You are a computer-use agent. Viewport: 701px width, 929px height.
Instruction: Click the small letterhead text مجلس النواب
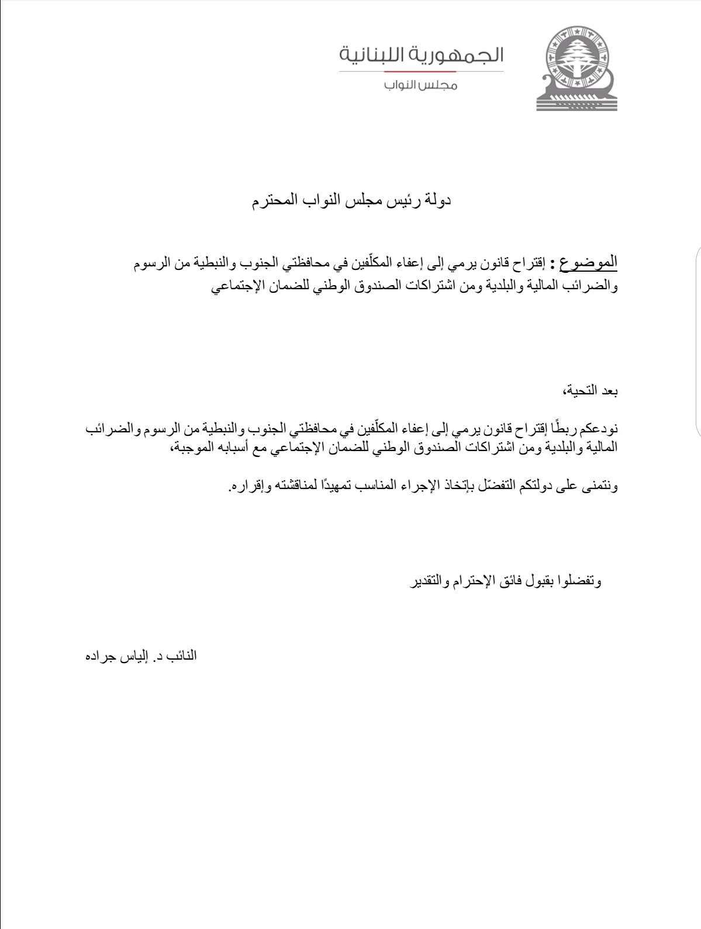point(420,85)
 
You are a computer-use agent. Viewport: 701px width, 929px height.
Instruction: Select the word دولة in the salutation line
point(437,202)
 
